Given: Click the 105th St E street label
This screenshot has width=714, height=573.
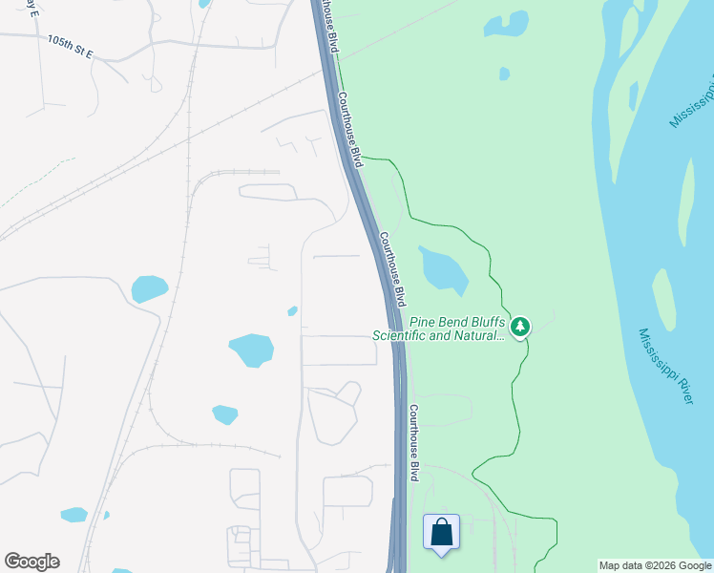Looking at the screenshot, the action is (69, 44).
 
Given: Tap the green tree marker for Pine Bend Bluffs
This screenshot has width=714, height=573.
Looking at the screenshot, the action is (520, 328).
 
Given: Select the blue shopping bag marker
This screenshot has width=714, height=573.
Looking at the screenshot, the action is (441, 532).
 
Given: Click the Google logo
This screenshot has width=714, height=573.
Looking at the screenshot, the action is (31, 562).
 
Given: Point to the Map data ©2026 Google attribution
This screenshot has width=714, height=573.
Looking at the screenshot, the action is (655, 566).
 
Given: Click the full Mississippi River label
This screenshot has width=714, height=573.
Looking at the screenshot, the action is (665, 366).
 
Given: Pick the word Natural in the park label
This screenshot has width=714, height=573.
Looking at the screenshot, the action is (473, 335).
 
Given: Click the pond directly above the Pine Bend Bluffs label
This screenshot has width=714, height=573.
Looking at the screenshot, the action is (443, 268).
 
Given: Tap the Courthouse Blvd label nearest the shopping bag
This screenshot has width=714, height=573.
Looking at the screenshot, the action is (415, 442).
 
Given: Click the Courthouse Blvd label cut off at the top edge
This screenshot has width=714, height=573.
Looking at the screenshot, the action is (329, 24).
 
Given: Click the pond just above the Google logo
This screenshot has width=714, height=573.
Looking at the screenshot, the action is (73, 515).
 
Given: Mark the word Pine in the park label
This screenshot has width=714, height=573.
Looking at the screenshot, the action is (424, 323).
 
